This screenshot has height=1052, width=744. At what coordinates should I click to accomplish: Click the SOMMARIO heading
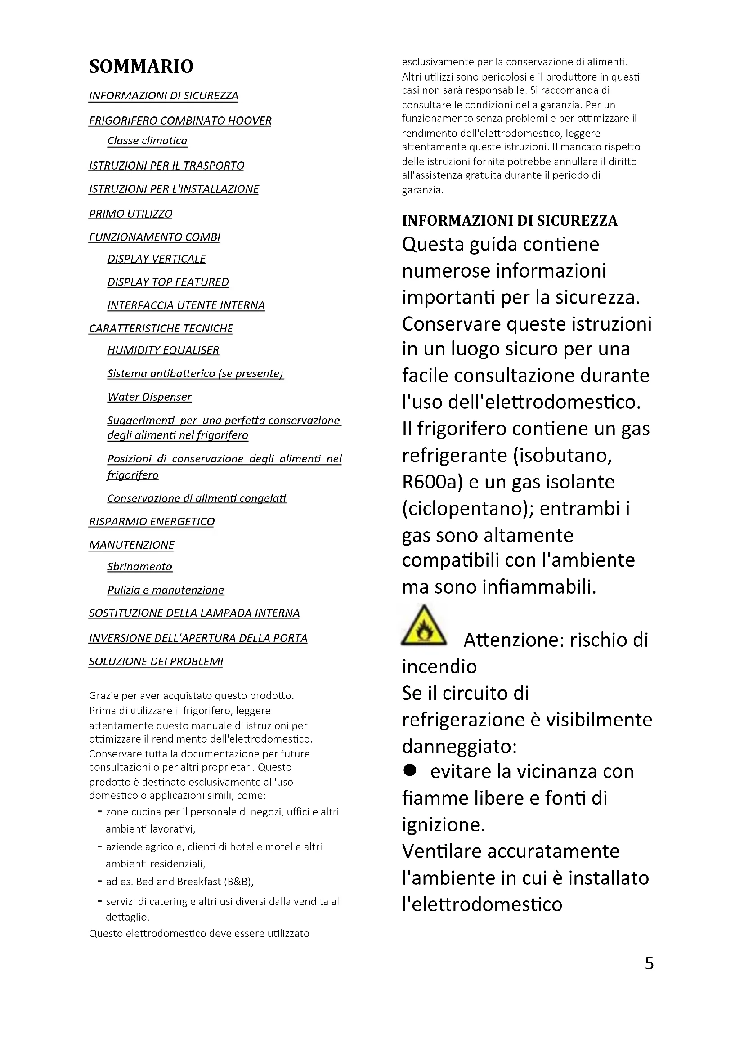click(x=141, y=67)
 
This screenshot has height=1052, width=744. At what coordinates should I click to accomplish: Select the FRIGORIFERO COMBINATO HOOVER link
click(x=180, y=121)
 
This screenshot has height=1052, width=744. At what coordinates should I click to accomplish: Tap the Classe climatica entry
click(x=147, y=141)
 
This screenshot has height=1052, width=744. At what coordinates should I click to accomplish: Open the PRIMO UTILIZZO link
click(x=130, y=214)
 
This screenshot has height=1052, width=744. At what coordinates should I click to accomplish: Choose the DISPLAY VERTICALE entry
click(x=157, y=259)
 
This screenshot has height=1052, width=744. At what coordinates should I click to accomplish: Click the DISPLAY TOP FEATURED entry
click(x=168, y=282)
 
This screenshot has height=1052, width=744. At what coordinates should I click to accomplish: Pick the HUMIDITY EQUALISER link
click(x=163, y=350)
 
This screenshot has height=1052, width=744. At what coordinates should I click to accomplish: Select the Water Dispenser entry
click(x=149, y=397)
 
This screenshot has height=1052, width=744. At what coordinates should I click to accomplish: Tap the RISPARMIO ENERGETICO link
click(x=152, y=522)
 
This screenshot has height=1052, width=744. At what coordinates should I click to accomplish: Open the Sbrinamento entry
click(x=140, y=567)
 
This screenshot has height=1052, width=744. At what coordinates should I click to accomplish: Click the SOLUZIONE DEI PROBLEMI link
click(x=156, y=662)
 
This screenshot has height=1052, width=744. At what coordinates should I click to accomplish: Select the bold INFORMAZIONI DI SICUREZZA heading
click(x=510, y=221)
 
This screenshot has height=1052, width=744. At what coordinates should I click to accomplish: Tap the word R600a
click(x=432, y=482)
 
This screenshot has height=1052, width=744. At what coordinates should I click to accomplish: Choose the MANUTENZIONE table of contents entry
click(x=131, y=545)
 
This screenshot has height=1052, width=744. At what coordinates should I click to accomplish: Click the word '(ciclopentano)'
click(x=467, y=509)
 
